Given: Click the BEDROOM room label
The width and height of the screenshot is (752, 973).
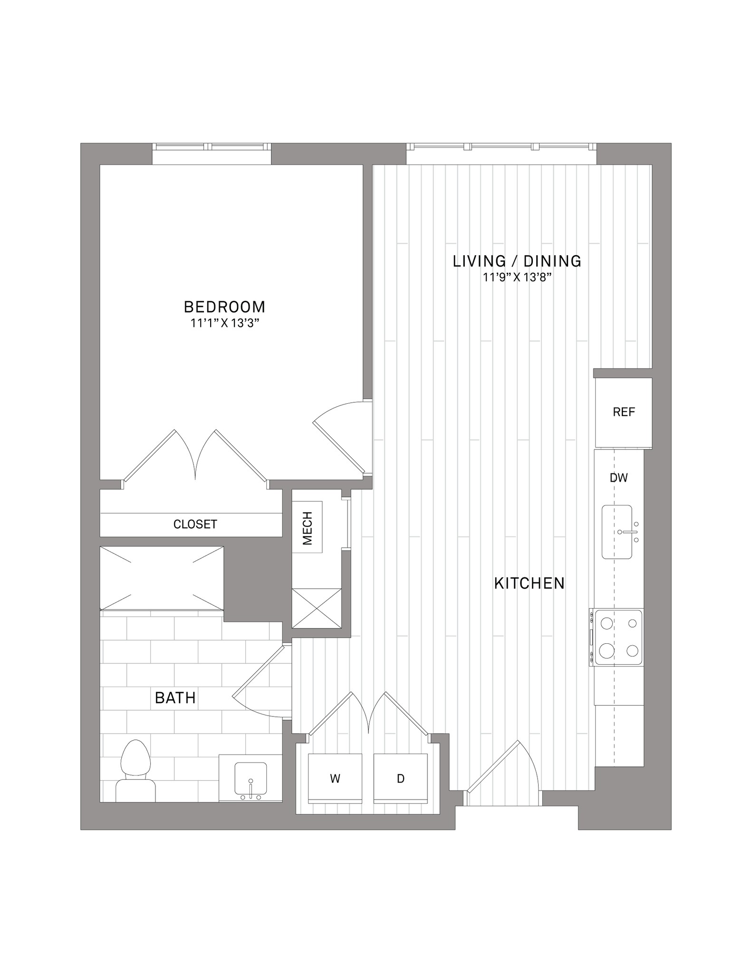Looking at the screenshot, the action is pyautogui.click(x=224, y=307).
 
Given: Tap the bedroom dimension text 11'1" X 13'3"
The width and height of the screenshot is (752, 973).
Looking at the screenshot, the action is pyautogui.click(x=225, y=324).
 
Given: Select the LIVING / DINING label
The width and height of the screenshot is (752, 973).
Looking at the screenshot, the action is pyautogui.click(x=517, y=261).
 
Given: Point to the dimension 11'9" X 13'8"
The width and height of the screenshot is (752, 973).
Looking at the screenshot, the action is pyautogui.click(x=517, y=277).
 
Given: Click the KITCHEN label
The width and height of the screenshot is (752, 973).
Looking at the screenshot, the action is pyautogui.click(x=530, y=583).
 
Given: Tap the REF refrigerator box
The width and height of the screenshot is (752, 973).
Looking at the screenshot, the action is pyautogui.click(x=624, y=412).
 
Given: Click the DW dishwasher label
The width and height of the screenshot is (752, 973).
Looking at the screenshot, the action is pyautogui.click(x=619, y=478).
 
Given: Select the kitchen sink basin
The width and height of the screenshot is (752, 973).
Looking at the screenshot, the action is pyautogui.click(x=617, y=532).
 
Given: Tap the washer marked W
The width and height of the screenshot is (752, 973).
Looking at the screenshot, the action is pyautogui.click(x=335, y=779).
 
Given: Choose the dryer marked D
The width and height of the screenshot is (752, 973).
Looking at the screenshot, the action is pyautogui.click(x=400, y=779).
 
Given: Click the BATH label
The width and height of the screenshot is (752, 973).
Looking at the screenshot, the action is pyautogui.click(x=175, y=698).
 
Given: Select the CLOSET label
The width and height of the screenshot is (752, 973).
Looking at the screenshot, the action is pyautogui.click(x=195, y=524).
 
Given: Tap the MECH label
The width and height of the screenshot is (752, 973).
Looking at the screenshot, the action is pyautogui.click(x=308, y=528).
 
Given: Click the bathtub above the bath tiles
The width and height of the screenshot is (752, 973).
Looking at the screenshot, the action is pyautogui.click(x=162, y=578).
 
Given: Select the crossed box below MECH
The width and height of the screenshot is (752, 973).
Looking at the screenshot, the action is pyautogui.click(x=317, y=609).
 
